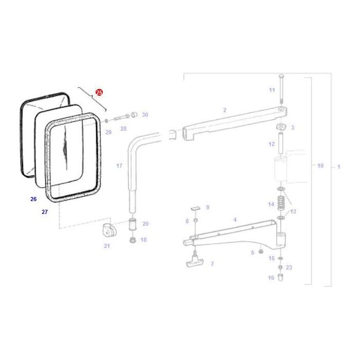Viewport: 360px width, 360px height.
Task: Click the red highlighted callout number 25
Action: tap(99, 93)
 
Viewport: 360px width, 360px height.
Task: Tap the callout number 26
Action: tap(33, 199)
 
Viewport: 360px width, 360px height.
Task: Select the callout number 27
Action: tap(45, 211)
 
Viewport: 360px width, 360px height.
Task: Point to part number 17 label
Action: tap(119, 166)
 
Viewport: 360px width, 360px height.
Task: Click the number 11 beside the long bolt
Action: tap(272, 90)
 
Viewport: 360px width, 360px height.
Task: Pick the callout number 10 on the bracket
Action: tap(320, 166)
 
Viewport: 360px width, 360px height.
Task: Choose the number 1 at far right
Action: tap(338, 167)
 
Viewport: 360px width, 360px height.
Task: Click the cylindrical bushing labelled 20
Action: tap(132, 225)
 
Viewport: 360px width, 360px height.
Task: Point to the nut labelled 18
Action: tap(132, 240)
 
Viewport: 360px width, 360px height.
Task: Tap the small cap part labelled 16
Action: tap(280, 278)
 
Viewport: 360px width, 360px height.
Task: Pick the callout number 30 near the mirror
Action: tap(145, 115)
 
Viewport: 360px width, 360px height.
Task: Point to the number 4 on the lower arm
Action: tap(235, 220)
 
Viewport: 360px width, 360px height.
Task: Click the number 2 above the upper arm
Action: tap(225, 110)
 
